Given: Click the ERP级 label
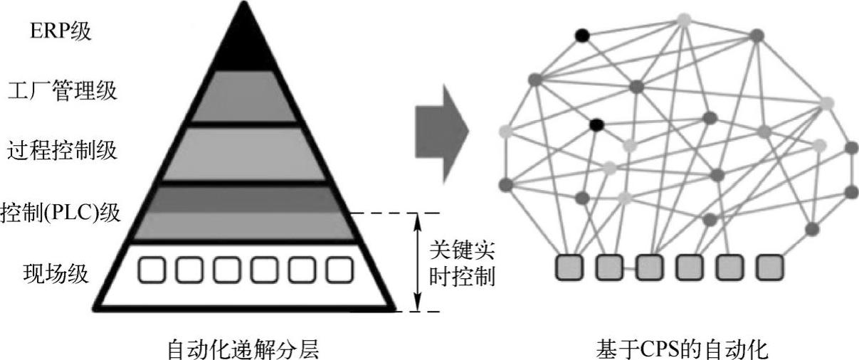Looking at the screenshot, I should click(60, 31).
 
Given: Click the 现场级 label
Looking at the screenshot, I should click(56, 272).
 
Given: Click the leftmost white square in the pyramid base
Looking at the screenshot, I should click(149, 269).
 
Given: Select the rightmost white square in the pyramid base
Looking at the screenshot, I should click(339, 269).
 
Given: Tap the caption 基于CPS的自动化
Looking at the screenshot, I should click(682, 349).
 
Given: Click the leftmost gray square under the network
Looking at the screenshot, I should click(569, 268).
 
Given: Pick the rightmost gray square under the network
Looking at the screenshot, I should click(769, 268).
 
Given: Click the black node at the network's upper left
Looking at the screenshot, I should click(583, 33).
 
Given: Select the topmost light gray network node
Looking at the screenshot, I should click(685, 19).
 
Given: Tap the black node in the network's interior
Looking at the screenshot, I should click(596, 125).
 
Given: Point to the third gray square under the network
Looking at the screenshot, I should click(650, 268).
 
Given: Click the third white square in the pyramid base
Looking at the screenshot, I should click(226, 269).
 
